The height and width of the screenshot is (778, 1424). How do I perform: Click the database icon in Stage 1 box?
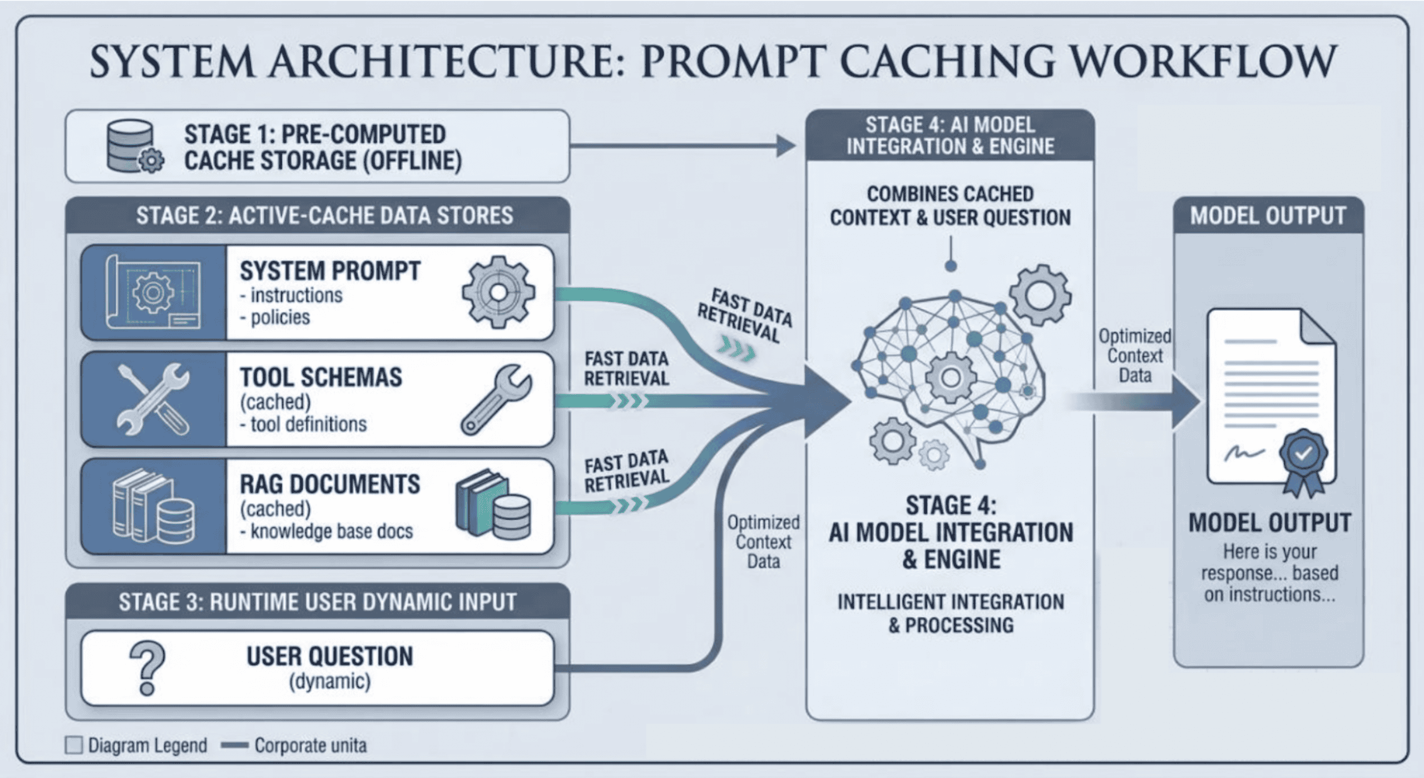pyautogui.click(x=133, y=146)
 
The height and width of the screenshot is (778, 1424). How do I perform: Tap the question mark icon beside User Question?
pyautogui.click(x=147, y=668)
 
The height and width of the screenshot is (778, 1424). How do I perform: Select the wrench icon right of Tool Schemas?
pyautogui.click(x=495, y=399)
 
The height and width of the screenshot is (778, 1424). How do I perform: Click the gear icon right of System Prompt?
pyautogui.click(x=498, y=293)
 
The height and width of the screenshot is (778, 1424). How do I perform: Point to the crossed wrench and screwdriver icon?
pyautogui.click(x=152, y=399)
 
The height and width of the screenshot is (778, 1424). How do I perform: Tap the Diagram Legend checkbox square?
pyautogui.click(x=74, y=745)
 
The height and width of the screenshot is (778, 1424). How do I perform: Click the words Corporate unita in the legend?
pyautogui.click(x=310, y=745)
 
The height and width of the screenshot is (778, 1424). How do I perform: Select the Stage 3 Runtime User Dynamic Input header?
pyautogui.click(x=317, y=602)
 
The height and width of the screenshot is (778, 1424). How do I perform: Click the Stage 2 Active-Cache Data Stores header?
pyautogui.click(x=324, y=216)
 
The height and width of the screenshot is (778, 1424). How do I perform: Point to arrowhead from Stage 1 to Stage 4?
pyautogui.click(x=785, y=146)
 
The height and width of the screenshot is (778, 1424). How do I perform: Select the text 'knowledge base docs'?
pyautogui.click(x=332, y=532)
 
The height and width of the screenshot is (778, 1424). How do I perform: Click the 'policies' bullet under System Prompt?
pyautogui.click(x=280, y=318)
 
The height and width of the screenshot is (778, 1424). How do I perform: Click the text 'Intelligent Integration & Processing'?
pyautogui.click(x=951, y=613)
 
